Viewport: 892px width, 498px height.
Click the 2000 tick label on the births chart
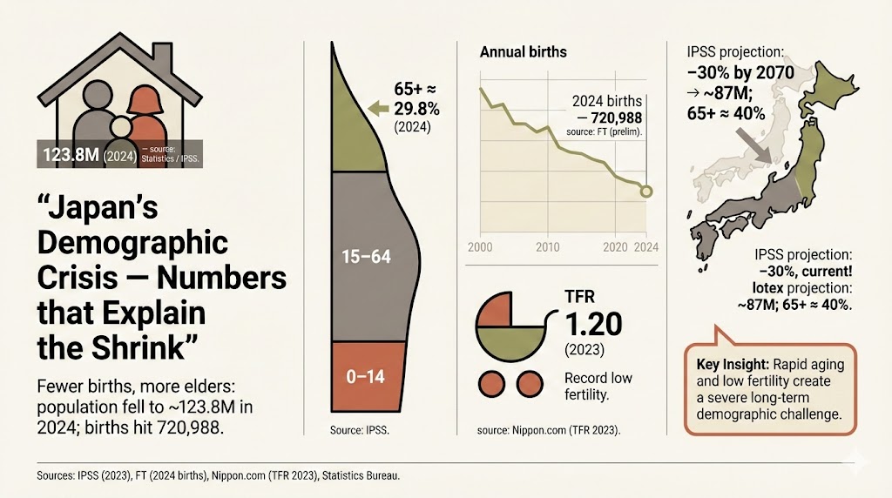pyautogui.click(x=480, y=246)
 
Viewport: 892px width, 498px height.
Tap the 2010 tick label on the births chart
pyautogui.click(x=548, y=246)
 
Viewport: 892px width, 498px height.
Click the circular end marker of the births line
pyautogui.click(x=645, y=192)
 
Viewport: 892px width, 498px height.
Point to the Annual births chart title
pyautogui.click(x=523, y=52)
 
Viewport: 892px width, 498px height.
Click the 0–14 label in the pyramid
pyautogui.click(x=365, y=377)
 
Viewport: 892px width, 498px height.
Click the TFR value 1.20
pyautogui.click(x=593, y=325)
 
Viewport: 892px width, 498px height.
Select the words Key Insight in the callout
pyautogui.click(x=731, y=363)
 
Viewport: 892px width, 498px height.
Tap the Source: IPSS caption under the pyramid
pyautogui.click(x=360, y=430)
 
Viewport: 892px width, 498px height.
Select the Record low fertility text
pyautogui.click(x=598, y=386)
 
